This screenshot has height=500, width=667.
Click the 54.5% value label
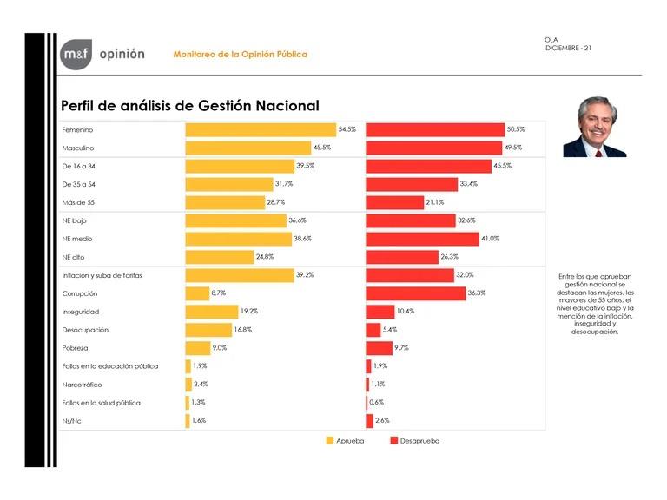(347, 129)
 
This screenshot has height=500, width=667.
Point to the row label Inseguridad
(80, 312)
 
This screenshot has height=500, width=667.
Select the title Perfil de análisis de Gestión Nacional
(190, 105)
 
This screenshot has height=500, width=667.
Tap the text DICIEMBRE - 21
(569, 47)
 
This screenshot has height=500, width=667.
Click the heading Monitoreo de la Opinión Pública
(240, 54)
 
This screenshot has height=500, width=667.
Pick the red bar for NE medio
(422, 239)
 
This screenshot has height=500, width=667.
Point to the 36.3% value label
(476, 293)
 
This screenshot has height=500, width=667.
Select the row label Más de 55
(77, 202)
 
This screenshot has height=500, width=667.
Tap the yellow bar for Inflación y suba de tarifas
(240, 275)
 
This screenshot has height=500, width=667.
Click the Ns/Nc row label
(72, 421)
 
